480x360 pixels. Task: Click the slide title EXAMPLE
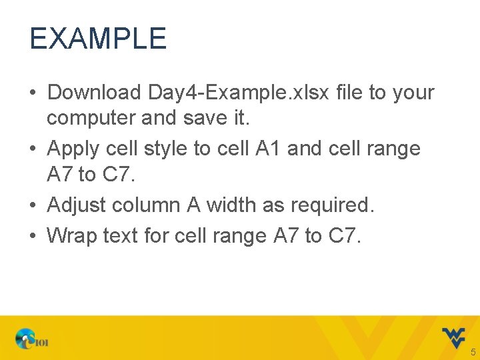[97, 39]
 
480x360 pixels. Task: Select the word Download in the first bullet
[94, 92]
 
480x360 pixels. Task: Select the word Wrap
[73, 235]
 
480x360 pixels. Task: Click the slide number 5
[473, 351]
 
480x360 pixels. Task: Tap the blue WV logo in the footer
[453, 337]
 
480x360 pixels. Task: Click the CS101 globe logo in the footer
[33, 340]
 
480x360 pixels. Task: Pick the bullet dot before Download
[33, 93]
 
